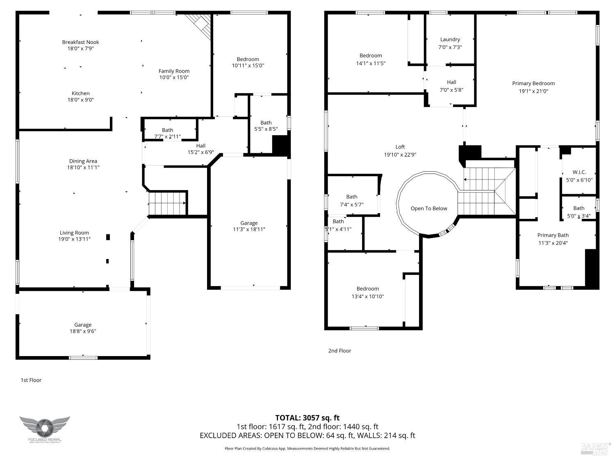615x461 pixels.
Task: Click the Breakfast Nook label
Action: pyautogui.click(x=80, y=42)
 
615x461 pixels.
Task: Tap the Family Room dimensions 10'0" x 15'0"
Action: pyautogui.click(x=174, y=77)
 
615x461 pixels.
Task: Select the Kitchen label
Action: pyautogui.click(x=80, y=93)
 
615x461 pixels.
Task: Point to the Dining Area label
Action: pyautogui.click(x=83, y=161)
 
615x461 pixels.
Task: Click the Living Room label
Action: pyautogui.click(x=74, y=232)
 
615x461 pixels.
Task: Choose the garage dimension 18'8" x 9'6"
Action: pyautogui.click(x=82, y=332)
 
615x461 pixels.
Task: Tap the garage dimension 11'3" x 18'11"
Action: pyautogui.click(x=249, y=229)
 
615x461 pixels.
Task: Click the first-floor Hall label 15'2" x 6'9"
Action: pyautogui.click(x=200, y=145)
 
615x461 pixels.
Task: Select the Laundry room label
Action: pyautogui.click(x=450, y=39)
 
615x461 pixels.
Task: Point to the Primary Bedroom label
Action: pyautogui.click(x=533, y=83)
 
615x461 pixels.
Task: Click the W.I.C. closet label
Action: pyautogui.click(x=579, y=172)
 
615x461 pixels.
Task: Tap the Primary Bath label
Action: pyautogui.click(x=553, y=235)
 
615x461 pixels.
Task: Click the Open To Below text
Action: pyautogui.click(x=429, y=208)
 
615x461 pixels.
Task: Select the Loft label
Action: pyautogui.click(x=400, y=147)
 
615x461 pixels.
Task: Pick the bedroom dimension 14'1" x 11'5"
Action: pyautogui.click(x=371, y=64)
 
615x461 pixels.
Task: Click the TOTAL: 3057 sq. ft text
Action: pyautogui.click(x=307, y=418)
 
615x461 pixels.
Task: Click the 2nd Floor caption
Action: pyautogui.click(x=339, y=350)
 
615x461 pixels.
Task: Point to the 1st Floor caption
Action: pyautogui.click(x=31, y=380)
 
